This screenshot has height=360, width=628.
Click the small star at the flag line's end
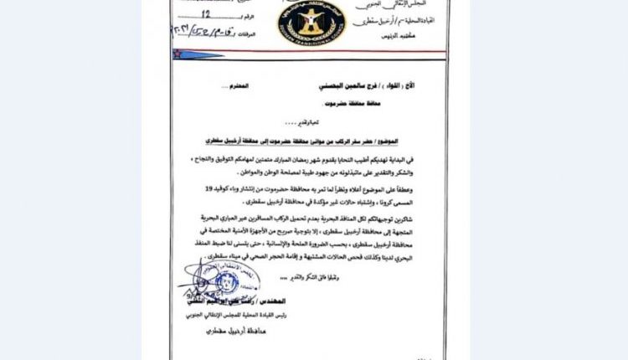(178, 53)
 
